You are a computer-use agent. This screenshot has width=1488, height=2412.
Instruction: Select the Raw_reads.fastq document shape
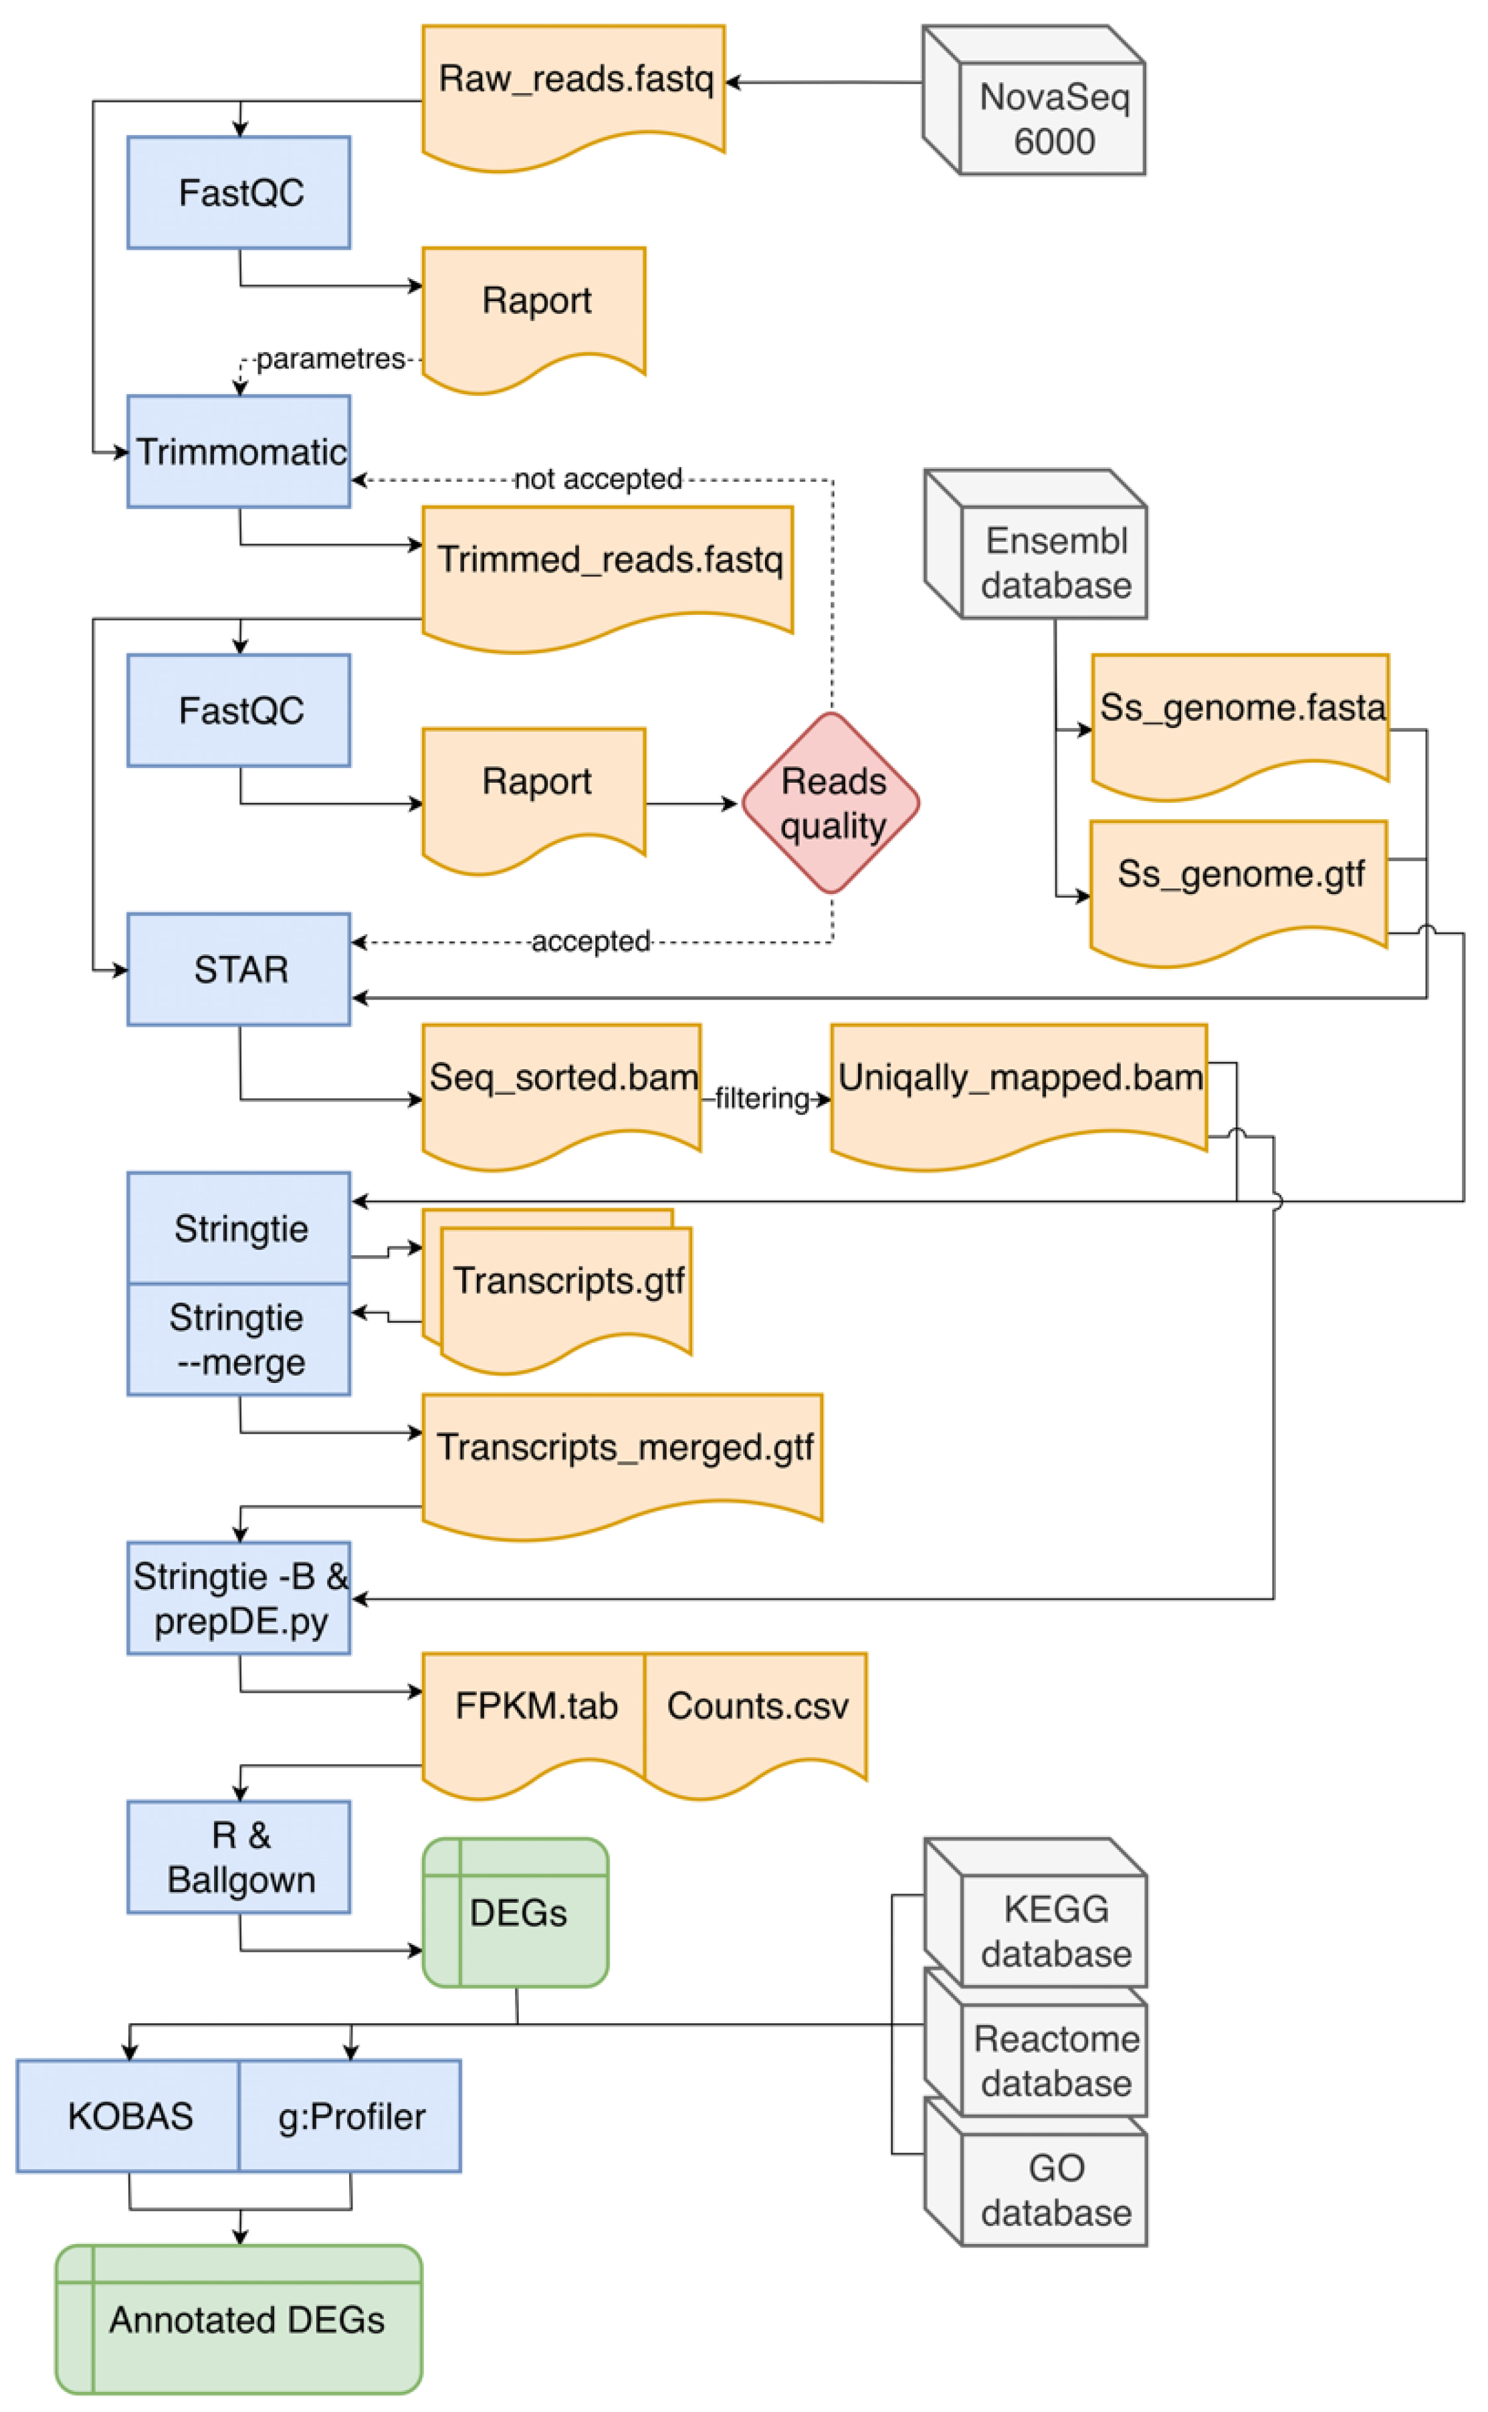(x=574, y=88)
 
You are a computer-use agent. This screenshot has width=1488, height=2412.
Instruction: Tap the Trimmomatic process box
(x=239, y=452)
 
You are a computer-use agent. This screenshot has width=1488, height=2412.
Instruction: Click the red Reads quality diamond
(x=831, y=804)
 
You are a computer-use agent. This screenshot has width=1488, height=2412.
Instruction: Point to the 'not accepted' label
(x=597, y=480)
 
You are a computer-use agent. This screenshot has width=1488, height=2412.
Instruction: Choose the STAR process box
(x=239, y=969)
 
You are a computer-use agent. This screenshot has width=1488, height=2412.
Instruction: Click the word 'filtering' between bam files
(x=762, y=1099)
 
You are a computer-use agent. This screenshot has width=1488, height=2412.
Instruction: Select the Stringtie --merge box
(x=239, y=1341)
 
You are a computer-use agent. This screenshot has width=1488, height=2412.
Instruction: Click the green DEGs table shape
(x=517, y=1912)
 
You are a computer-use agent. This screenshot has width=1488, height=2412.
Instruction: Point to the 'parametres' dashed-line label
(x=330, y=359)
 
